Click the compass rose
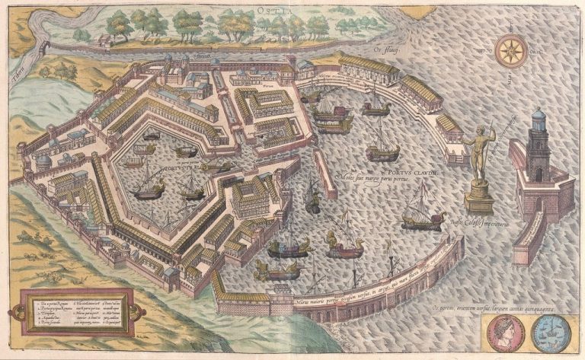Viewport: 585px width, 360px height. [x=510, y=52]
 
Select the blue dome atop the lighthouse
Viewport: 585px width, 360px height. [x=539, y=119]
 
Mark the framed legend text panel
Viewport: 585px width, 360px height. [x=76, y=312]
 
